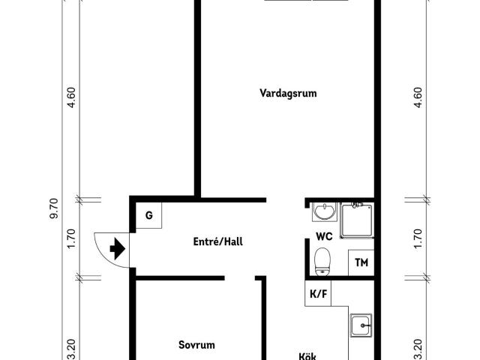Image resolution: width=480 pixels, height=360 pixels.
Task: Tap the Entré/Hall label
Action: (217, 241)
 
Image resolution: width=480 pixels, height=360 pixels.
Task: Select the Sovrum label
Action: (196, 345)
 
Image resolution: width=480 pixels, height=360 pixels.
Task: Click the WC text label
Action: (324, 236)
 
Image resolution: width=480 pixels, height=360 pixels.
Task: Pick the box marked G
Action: (149, 217)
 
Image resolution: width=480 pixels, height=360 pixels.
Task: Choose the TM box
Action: (361, 262)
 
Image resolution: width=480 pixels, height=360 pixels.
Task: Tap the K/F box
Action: (318, 293)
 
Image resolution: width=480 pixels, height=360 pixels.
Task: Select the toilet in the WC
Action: (323, 262)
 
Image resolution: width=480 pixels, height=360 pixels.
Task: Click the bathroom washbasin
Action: (325, 212)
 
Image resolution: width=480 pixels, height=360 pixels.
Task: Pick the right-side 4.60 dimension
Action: (418, 98)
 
